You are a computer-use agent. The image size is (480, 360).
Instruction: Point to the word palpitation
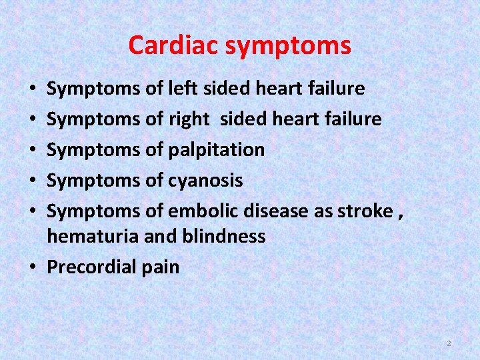coord(216,150)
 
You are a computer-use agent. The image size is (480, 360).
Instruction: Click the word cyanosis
coord(205,181)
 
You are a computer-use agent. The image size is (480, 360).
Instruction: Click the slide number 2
coord(449,343)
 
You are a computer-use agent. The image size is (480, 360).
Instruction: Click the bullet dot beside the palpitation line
coord(34,150)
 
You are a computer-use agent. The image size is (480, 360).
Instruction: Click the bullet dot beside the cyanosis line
coord(34,181)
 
